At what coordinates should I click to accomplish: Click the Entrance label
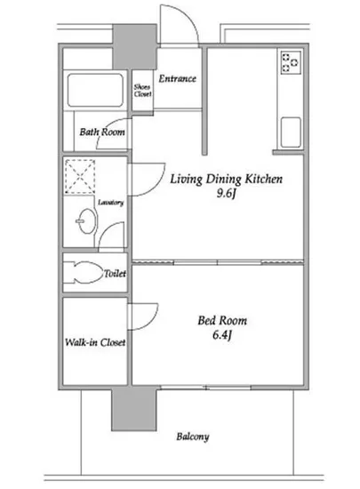pos(178,78)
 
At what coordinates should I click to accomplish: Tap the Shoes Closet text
pos(142,91)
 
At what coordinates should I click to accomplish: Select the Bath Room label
pos(102,132)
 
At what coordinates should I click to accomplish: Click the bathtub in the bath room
pos(95,90)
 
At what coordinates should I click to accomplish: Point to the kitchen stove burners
pos(292,63)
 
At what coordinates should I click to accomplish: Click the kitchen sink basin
pos(291,132)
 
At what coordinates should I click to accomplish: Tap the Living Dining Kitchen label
pos(227,179)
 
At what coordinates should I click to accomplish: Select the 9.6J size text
pos(226,194)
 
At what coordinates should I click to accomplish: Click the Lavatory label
pos(111,203)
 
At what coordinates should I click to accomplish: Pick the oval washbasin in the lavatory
pos(86,221)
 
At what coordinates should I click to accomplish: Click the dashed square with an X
pos(79,176)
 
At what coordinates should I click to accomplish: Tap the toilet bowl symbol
pos(84,273)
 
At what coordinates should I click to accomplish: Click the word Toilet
pos(115,274)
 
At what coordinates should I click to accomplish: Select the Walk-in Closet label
pos(95,342)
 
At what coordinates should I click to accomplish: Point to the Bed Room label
pos(222,321)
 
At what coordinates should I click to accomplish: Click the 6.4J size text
pos(222,335)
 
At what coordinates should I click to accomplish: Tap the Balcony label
pos(193,437)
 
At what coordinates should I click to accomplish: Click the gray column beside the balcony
pos(134,410)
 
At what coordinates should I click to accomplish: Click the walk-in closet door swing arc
pos(151,321)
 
